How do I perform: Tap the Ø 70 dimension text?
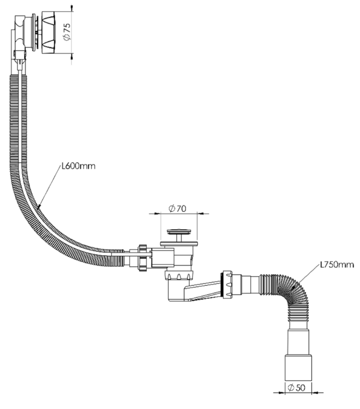[x=177, y=209]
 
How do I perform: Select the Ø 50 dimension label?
[x=296, y=388]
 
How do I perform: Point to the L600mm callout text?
[x=79, y=166]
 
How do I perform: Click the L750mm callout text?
[x=337, y=265]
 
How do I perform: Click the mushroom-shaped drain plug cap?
[x=179, y=232]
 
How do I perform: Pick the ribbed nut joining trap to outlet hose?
[x=227, y=284]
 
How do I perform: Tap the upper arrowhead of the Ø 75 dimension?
[x=72, y=9]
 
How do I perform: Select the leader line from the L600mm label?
[x=48, y=186]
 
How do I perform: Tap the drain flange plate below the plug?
[x=179, y=243]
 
